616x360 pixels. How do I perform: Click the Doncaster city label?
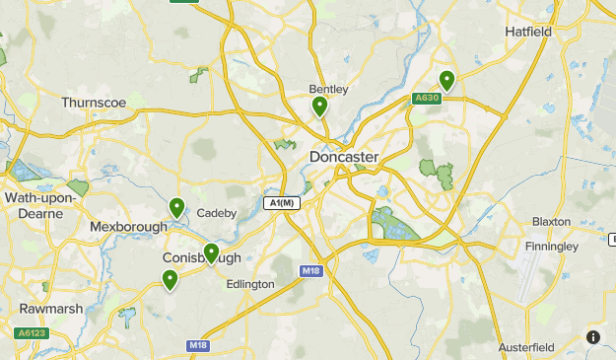click(344, 157)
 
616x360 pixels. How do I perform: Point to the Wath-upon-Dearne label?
click(40, 205)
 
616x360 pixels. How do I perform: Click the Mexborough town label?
click(129, 227)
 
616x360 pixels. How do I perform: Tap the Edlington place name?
click(249, 284)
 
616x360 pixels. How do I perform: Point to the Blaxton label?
click(551, 222)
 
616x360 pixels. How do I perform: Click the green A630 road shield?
click(426, 98)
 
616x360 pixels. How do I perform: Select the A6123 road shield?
click(31, 333)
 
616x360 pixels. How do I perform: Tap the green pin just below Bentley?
click(319, 107)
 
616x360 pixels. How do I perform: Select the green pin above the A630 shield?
click(446, 80)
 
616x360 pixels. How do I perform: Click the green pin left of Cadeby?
click(177, 207)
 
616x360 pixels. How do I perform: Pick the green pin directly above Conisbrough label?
click(210, 253)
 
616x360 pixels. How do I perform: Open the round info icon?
click(593, 337)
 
